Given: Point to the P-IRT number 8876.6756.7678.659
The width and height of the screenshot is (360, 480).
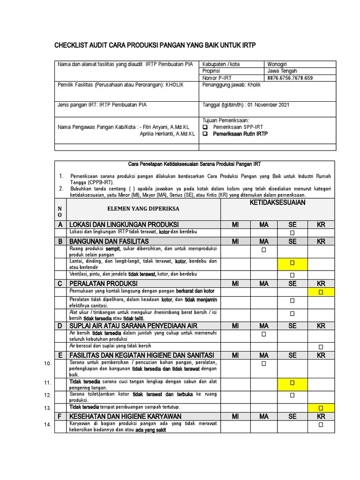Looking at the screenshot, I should (290, 78).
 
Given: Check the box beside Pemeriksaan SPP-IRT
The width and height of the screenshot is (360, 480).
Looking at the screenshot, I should (205, 127).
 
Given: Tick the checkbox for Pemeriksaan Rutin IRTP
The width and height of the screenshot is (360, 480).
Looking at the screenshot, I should (205, 134).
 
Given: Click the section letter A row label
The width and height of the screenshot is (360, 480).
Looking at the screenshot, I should (60, 225).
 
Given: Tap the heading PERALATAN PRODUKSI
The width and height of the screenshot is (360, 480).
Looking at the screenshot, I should (103, 284).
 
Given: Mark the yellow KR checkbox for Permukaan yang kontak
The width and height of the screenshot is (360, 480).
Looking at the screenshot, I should (321, 292).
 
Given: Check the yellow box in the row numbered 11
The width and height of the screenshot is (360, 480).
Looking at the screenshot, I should (292, 383).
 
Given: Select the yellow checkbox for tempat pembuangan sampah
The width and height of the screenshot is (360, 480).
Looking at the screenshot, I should (321, 408).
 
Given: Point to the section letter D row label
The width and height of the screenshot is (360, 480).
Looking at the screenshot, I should (60, 326).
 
